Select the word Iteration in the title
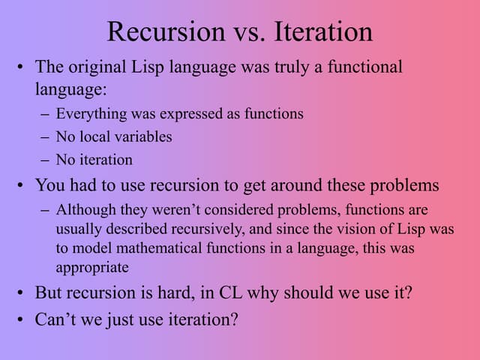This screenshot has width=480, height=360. [x=323, y=31]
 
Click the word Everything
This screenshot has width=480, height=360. [x=88, y=114]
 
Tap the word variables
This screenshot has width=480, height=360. [x=142, y=136]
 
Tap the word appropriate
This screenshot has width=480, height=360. [x=92, y=266]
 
